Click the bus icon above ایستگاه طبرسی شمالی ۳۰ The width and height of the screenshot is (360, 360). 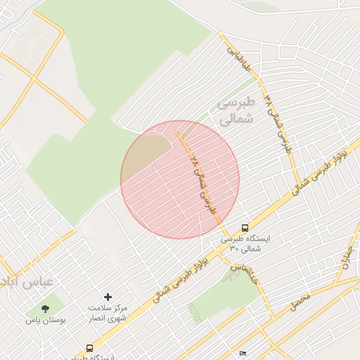(x=244, y=228)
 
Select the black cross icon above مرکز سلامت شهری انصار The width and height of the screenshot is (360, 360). (x=108, y=297)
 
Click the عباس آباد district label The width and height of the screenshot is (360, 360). (x=27, y=283)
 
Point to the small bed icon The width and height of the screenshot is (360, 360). (x=242, y=353)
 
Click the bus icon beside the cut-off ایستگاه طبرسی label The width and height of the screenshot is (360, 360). (x=89, y=347)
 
